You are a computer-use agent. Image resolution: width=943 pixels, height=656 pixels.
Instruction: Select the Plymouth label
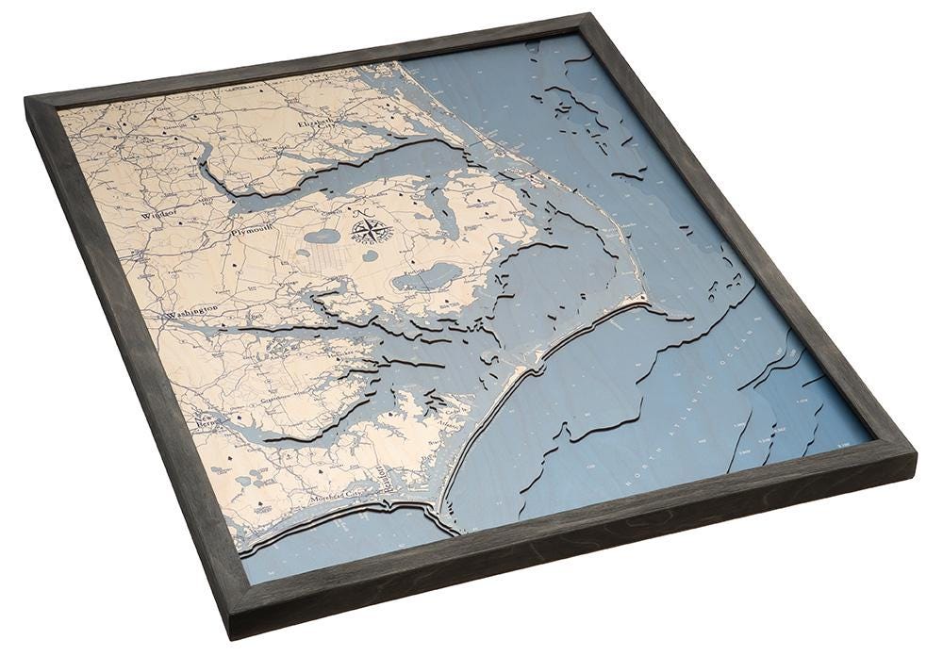252,229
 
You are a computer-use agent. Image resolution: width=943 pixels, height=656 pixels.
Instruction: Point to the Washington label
192,311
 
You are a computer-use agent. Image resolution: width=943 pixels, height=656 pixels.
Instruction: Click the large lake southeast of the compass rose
427,277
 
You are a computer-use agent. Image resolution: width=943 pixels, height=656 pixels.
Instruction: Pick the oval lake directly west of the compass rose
323,236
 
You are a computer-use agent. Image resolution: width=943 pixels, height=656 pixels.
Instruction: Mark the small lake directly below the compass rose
370,255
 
